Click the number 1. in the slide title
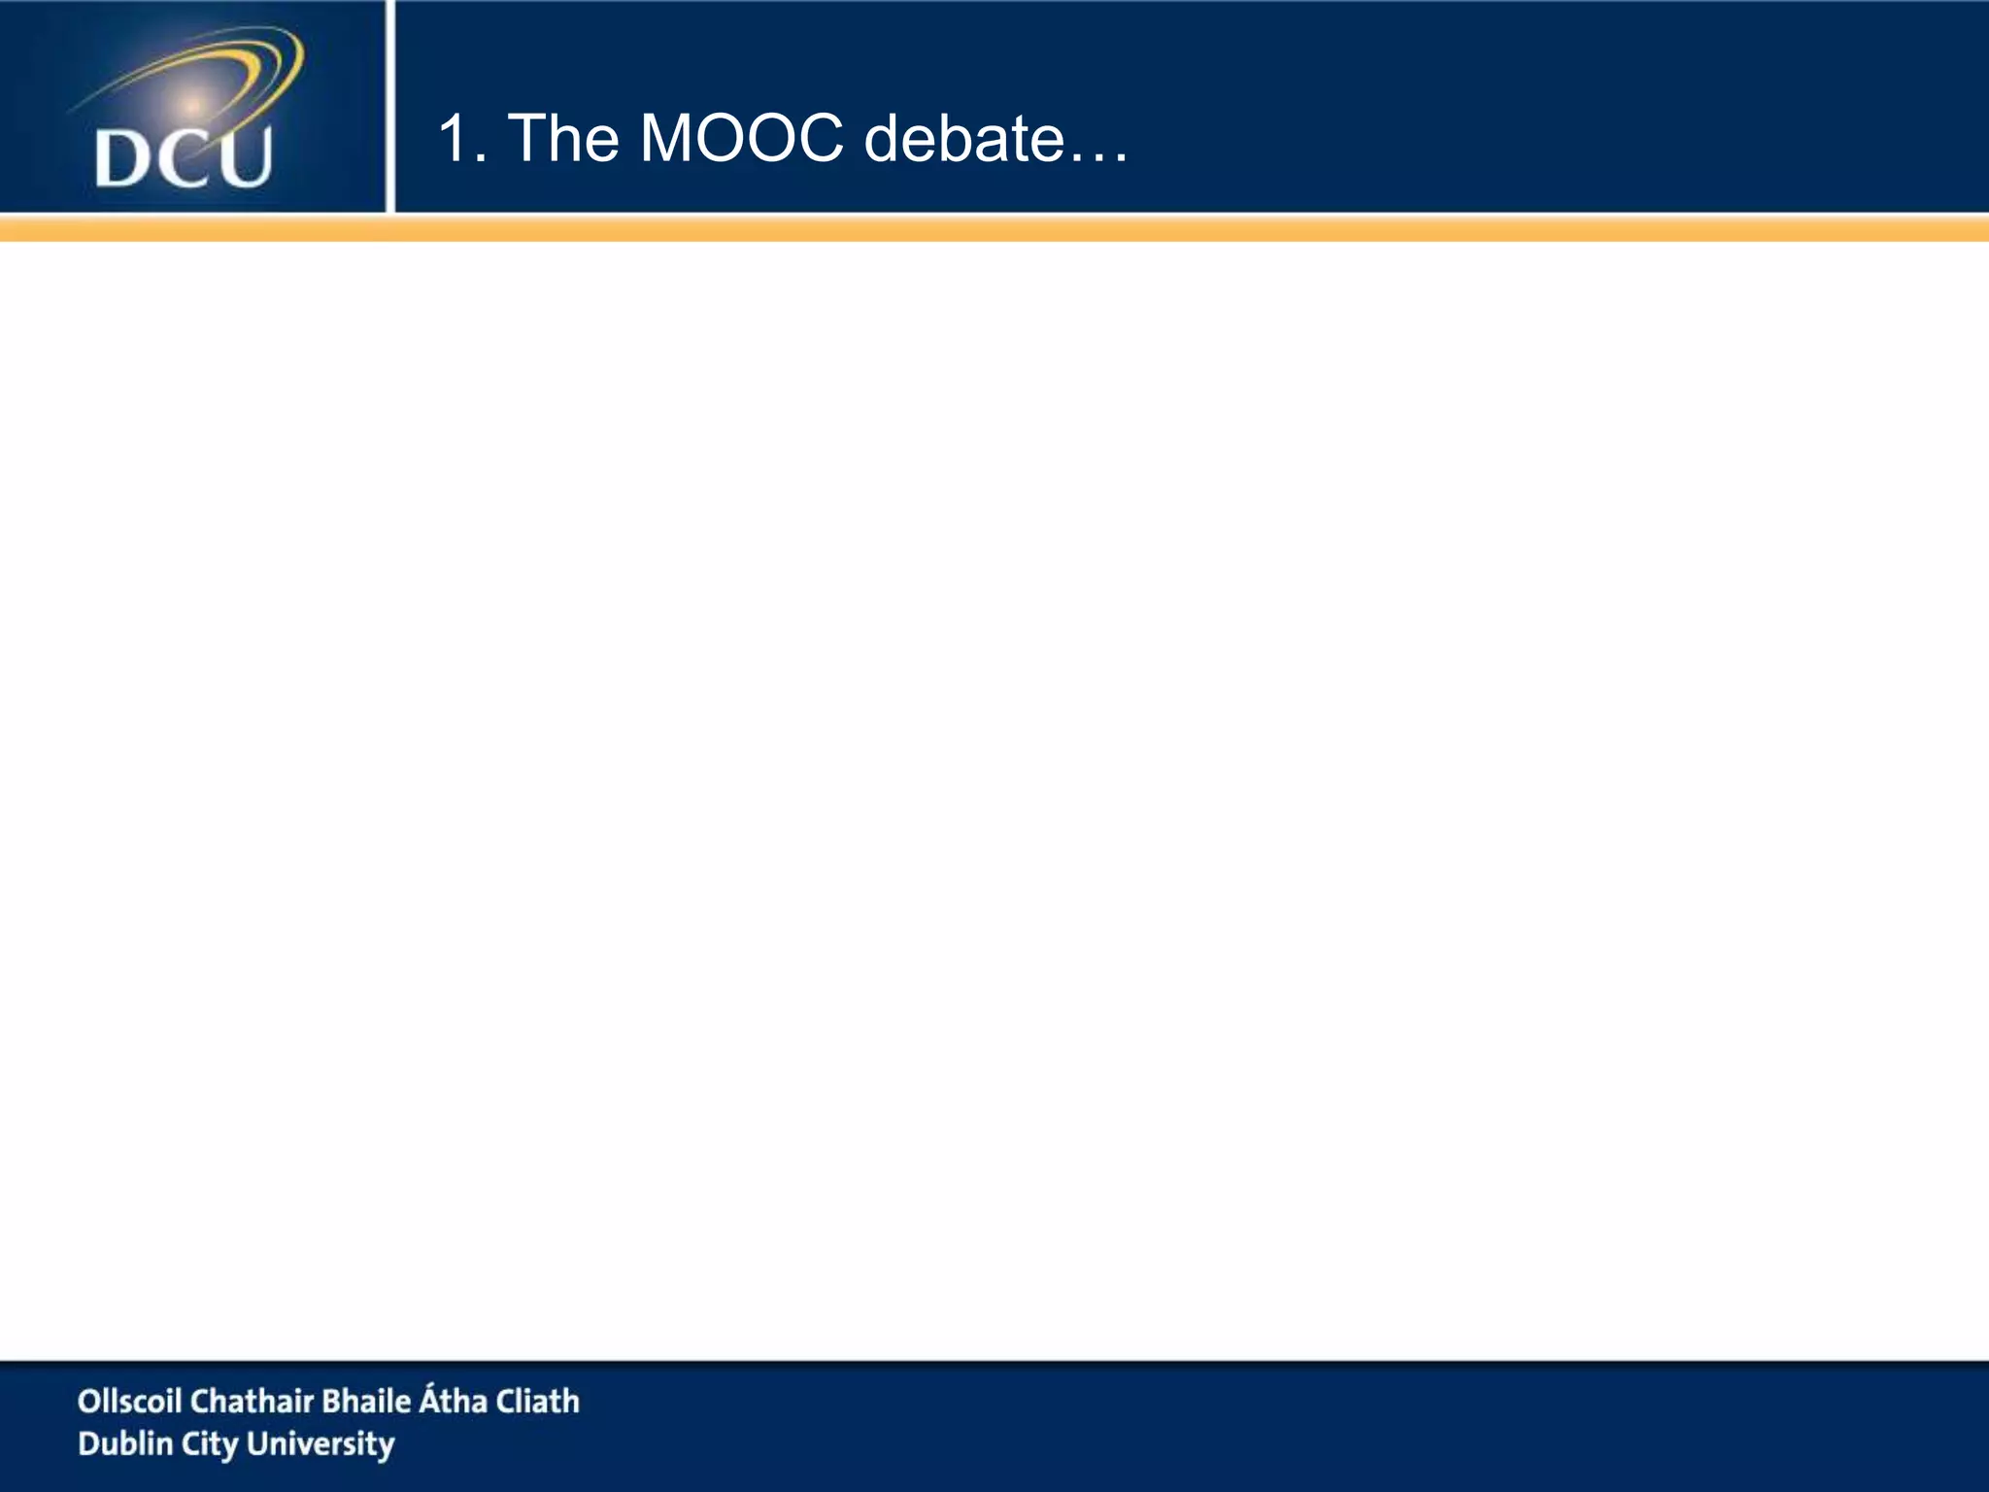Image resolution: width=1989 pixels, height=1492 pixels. pyautogui.click(x=462, y=138)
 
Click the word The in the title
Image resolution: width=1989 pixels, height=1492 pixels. pyautogui.click(x=563, y=138)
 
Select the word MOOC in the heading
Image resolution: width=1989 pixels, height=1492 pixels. pyautogui.click(x=742, y=138)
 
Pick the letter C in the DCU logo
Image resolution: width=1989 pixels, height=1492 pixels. pyautogui.click(x=185, y=159)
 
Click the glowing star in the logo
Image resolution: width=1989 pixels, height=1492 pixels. pyautogui.click(x=192, y=104)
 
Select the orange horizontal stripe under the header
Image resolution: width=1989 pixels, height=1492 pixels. pyautogui.click(x=994, y=229)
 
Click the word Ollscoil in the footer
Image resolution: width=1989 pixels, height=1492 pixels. pyautogui.click(x=129, y=1401)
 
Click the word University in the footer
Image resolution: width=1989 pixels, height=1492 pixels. pyautogui.click(x=321, y=1444)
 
